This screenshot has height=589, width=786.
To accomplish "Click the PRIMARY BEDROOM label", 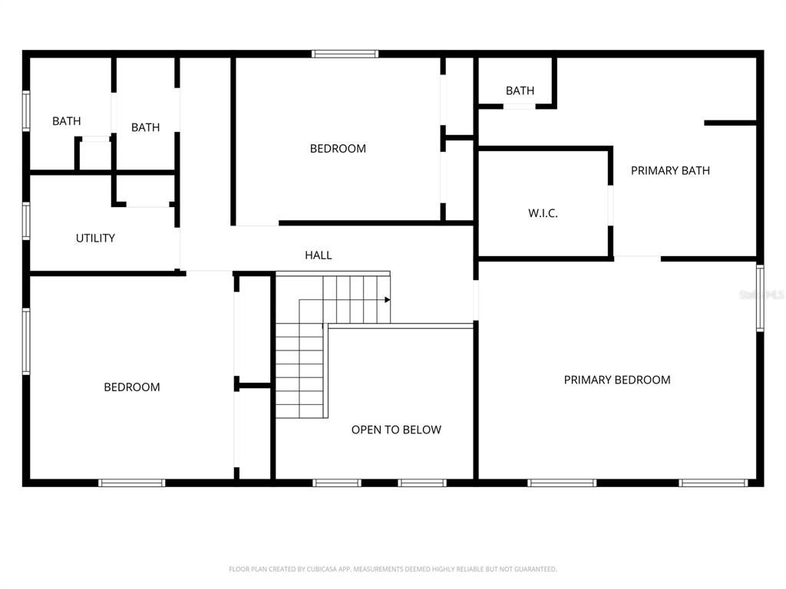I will coord(617,380).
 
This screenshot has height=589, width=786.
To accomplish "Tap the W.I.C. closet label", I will coord(543,213).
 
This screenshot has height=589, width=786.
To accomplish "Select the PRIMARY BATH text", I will coord(670,170).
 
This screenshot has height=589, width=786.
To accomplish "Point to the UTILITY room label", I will coord(95,238).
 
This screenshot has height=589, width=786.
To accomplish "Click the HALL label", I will coord(319,255).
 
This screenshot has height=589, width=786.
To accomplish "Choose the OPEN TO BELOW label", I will coord(396,429).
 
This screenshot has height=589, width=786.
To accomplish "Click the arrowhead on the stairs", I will coord(388,299).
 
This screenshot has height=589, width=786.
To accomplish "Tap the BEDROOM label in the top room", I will coord(338,149).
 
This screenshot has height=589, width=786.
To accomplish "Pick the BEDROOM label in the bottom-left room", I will coord(132,387).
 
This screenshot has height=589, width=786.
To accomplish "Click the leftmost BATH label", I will coord(67,121).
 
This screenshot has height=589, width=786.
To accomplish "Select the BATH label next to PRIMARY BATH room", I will coord(520,90).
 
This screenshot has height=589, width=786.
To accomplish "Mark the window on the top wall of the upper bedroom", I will coord(345,54).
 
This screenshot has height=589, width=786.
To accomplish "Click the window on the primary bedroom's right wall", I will coord(760,298).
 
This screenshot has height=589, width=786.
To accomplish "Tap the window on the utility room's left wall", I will coord(26,221).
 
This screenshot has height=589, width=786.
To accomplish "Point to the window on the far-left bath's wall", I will coord(26,111).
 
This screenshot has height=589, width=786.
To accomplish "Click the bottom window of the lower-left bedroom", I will coord(132,482).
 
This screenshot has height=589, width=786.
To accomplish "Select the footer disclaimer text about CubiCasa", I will coord(392,569).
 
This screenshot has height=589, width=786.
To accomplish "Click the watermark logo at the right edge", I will coord(761,294).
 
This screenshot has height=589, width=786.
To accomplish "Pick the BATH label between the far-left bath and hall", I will coord(145,127).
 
